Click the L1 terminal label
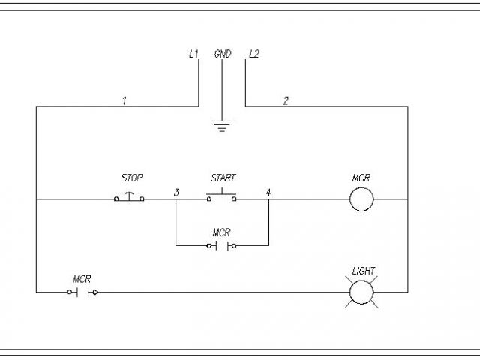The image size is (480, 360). pyautogui.click(x=193, y=55)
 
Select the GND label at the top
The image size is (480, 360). pyautogui.click(x=223, y=55)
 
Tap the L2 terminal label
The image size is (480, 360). pyautogui.click(x=253, y=55)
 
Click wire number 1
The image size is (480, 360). pyautogui.click(x=124, y=100)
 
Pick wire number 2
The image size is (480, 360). pyautogui.click(x=285, y=100)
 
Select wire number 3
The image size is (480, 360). pyautogui.click(x=176, y=193)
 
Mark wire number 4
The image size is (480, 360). pyautogui.click(x=268, y=193)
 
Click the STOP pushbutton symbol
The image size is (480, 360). pyautogui.click(x=130, y=198)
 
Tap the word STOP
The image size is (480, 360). pyautogui.click(x=131, y=178)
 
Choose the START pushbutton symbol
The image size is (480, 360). pyautogui.click(x=222, y=197)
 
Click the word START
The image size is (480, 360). pyautogui.click(x=223, y=178)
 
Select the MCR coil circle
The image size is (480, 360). pyautogui.click(x=362, y=199)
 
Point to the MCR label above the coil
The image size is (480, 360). pyautogui.click(x=361, y=178)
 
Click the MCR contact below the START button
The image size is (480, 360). pyautogui.click(x=222, y=245)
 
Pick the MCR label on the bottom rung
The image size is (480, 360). pyautogui.click(x=82, y=278)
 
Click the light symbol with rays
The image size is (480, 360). pyautogui.click(x=362, y=292)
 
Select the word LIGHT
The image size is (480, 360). pyautogui.click(x=364, y=271)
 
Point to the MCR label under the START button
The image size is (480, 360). pyautogui.click(x=221, y=232)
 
